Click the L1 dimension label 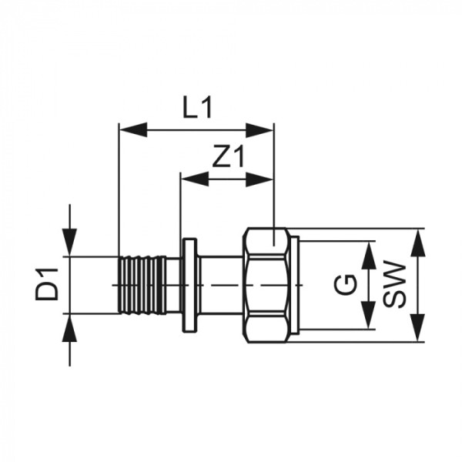197,109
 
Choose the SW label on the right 394,286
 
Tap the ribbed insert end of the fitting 142,285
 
